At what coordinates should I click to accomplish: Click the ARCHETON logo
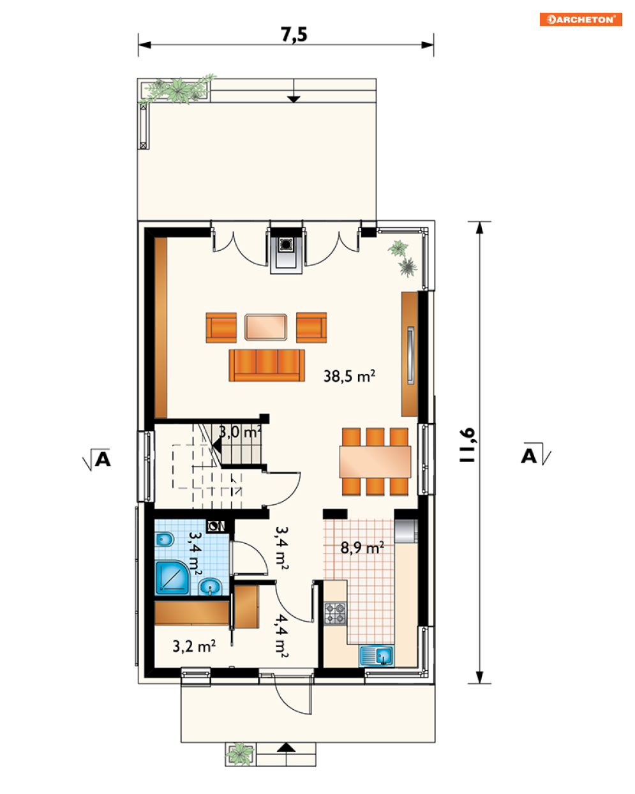click(580, 19)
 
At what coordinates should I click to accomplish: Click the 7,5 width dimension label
click(294, 34)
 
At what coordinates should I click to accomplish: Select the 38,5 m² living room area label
click(349, 376)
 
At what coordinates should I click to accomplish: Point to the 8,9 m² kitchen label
click(362, 548)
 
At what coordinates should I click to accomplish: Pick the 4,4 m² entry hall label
click(281, 636)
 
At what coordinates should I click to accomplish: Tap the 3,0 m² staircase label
click(240, 431)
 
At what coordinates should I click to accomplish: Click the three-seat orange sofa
click(267, 365)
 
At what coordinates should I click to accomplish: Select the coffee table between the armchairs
click(265, 327)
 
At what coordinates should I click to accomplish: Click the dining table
click(375, 462)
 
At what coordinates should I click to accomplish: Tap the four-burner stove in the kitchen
click(336, 613)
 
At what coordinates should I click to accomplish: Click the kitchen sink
click(377, 656)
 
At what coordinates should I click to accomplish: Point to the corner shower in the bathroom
click(172, 578)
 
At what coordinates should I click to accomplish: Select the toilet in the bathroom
click(164, 541)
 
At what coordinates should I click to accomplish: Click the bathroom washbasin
click(210, 586)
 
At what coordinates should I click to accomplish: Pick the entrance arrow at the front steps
click(286, 747)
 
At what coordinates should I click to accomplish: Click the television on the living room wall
click(410, 356)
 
